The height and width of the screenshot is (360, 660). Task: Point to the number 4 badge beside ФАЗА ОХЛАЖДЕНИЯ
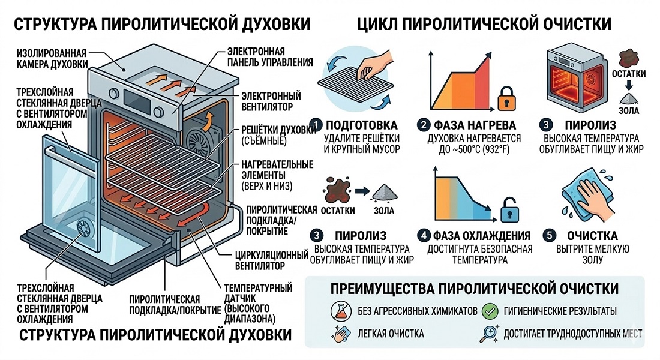[x=424, y=235]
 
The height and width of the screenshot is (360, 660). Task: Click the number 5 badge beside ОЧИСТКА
[x=547, y=235]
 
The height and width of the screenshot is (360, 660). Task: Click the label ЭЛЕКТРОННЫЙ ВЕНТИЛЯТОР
[x=271, y=101]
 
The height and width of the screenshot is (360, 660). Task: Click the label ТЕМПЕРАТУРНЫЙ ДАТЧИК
[x=258, y=293]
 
